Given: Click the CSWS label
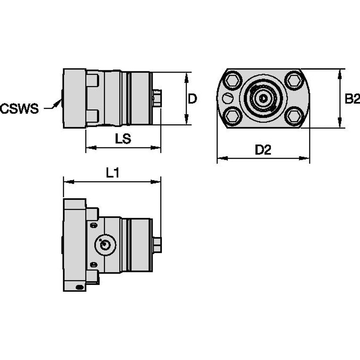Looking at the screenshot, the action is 19,108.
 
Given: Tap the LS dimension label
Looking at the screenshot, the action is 123,139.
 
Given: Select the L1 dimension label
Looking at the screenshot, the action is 113,173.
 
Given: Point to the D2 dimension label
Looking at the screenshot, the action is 263,150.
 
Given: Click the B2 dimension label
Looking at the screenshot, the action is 352,99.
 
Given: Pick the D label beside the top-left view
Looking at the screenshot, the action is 192,99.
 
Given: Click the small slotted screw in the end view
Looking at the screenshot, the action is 228,99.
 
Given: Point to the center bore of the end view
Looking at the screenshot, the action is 263,99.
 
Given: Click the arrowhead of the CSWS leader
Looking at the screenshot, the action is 58,102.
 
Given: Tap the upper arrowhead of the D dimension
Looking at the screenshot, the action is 187,78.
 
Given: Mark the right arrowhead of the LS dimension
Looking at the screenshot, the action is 156,148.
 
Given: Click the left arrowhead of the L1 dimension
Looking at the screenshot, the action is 68,182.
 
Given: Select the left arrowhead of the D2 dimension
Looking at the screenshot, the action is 222,158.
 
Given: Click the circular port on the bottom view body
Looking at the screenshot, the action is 105,244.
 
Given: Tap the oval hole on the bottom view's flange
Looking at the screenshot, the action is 79,287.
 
